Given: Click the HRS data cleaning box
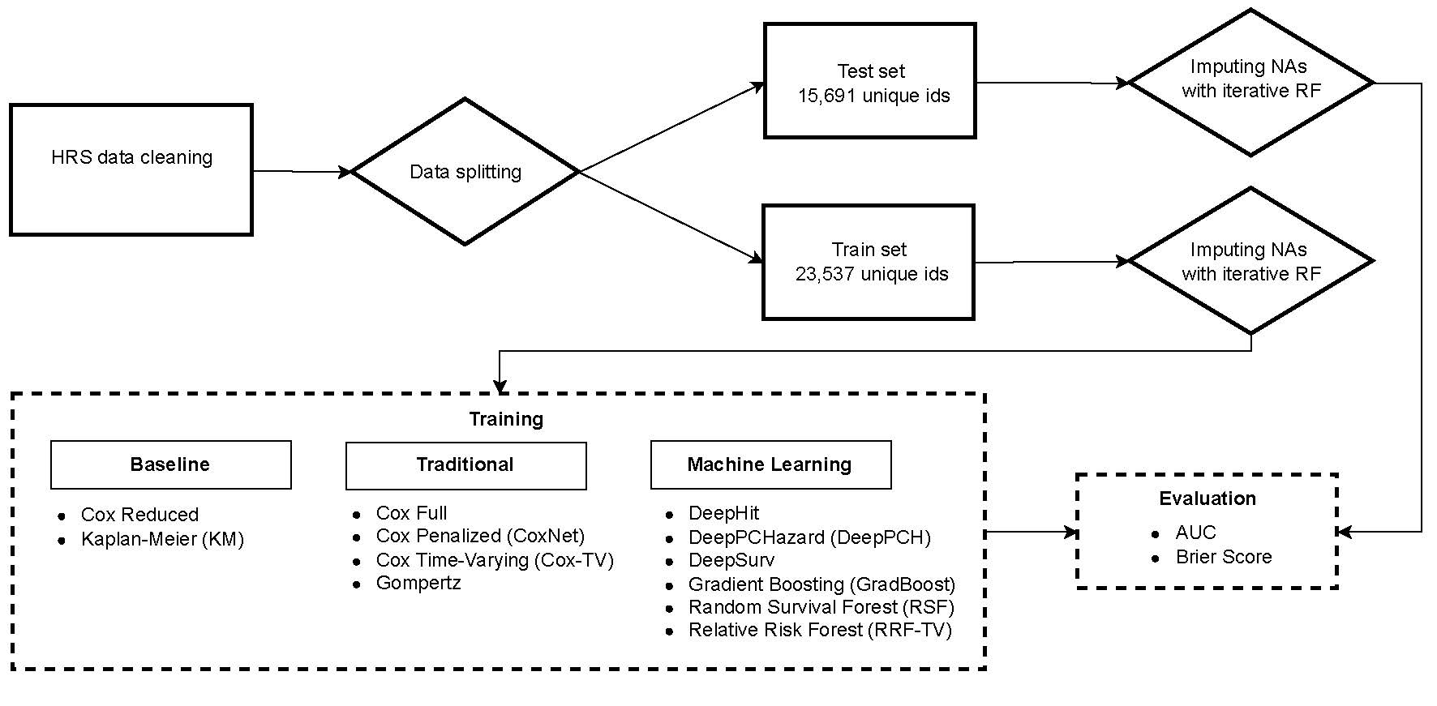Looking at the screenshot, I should pyautogui.click(x=131, y=170).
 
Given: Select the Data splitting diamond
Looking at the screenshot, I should pyautogui.click(x=465, y=172).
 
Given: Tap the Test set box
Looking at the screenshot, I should pyautogui.click(x=870, y=81).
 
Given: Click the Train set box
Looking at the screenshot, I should pyautogui.click(x=869, y=262).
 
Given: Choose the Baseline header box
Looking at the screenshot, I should pyautogui.click(x=170, y=464).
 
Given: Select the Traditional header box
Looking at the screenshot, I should pyautogui.click(x=465, y=465).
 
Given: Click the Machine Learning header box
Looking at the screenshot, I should pyautogui.click(x=770, y=464).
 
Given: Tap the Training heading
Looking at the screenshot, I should pyautogui.click(x=506, y=419).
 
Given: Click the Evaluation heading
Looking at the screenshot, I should pyautogui.click(x=1208, y=498).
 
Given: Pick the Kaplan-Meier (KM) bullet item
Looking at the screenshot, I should pyautogui.click(x=162, y=539).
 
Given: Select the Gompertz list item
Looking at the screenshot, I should pyautogui.click(x=418, y=583).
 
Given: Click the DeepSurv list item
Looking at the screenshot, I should pyautogui.click(x=731, y=560).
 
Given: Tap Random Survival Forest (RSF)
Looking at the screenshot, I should pyautogui.click(x=821, y=607).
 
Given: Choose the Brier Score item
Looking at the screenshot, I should pyautogui.click(x=1224, y=557).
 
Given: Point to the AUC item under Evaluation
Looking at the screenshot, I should pyautogui.click(x=1196, y=533).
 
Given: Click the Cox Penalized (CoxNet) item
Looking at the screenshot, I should pyautogui.click(x=480, y=536).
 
